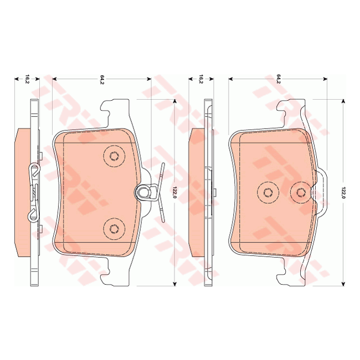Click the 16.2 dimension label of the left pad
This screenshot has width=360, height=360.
(26, 79)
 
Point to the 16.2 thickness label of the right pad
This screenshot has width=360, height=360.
(201, 79)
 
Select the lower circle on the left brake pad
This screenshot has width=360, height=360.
(114, 228)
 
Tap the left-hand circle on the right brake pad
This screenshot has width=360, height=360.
(267, 192)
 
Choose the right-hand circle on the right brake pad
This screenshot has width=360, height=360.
(301, 192)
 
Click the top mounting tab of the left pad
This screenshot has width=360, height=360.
(116, 109)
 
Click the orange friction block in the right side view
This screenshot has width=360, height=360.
(196, 191)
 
